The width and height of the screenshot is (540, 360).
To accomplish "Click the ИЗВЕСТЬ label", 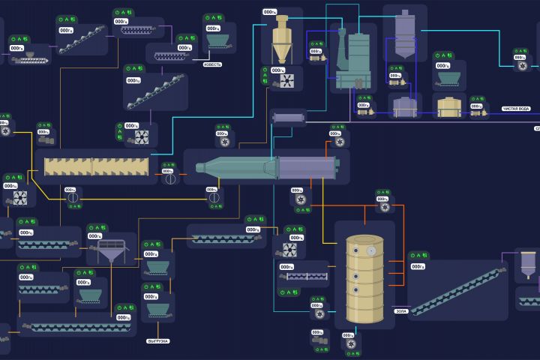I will tap(212, 64).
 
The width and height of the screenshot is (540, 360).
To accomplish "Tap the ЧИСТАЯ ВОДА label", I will tap(516, 109).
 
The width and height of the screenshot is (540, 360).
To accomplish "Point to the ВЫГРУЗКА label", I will tap(157, 341).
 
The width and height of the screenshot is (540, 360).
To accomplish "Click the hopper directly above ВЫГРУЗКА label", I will tap(156, 308).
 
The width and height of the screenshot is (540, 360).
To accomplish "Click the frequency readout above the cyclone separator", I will tap(269, 12).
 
